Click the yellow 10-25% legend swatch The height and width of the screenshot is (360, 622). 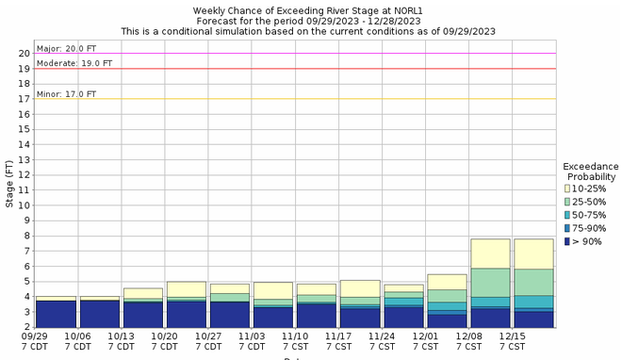point(567,189)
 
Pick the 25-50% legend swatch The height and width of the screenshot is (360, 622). point(567,203)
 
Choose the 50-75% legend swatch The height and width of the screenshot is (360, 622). point(567,216)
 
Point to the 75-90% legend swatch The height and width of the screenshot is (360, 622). point(567,229)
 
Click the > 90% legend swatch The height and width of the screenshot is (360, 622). point(567,242)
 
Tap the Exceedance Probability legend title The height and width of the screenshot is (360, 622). point(590,171)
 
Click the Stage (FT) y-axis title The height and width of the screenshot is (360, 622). point(8,184)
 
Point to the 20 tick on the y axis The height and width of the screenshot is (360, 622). point(24,54)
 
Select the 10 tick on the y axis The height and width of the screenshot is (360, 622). point(24,205)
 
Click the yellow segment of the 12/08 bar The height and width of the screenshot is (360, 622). point(489,254)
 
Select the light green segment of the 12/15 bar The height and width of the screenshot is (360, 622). point(532,282)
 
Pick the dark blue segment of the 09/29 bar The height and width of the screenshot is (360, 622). point(57,314)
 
